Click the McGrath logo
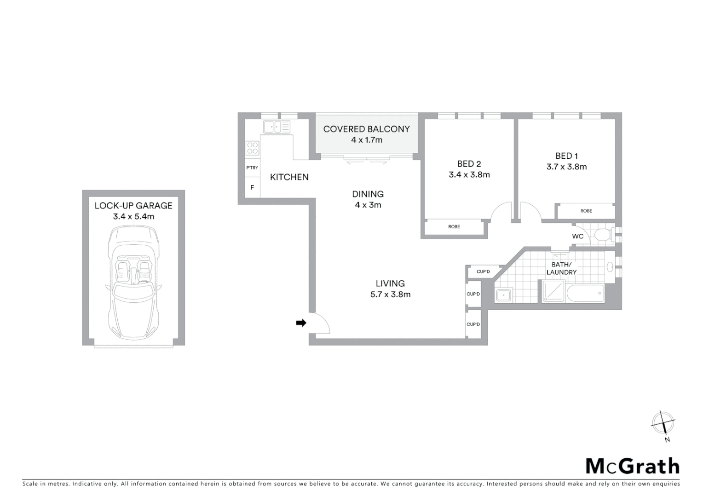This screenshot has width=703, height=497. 632,466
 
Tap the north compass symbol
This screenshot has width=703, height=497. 663,423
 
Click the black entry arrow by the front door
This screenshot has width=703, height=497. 301,323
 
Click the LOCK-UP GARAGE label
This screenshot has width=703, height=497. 133,206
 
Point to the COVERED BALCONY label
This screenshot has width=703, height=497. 366,129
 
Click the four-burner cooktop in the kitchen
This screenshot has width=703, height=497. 253,148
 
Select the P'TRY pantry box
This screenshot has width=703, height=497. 252,168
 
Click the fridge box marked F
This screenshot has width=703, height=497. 252,188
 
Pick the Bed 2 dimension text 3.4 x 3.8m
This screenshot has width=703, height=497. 469,175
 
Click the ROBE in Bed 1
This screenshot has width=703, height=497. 586,211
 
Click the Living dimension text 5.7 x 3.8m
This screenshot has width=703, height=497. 390,295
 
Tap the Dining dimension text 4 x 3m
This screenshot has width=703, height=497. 368,205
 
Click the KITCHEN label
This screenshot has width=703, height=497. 289,177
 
